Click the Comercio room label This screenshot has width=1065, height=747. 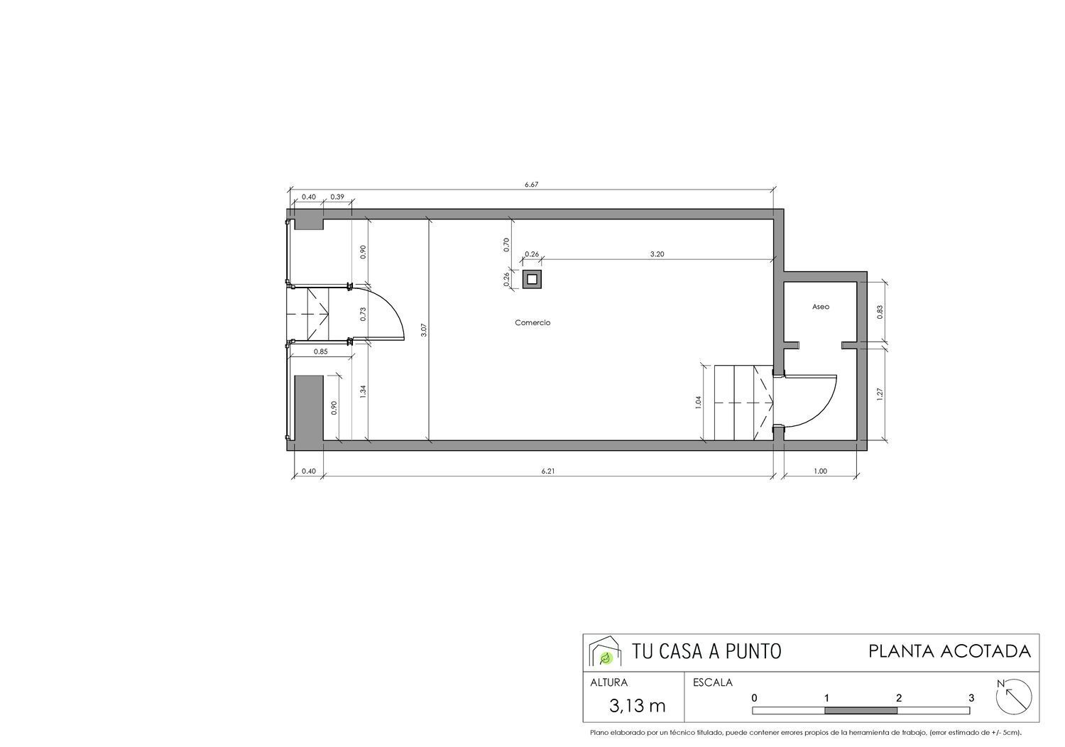tap(532, 323)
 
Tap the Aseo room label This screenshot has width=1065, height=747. tap(821, 307)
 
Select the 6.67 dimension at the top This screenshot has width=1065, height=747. tap(531, 185)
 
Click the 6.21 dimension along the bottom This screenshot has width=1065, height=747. tap(547, 471)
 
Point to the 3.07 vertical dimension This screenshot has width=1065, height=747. tap(424, 330)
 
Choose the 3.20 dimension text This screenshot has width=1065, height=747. tap(657, 254)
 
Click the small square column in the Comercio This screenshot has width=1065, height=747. tap(532, 279)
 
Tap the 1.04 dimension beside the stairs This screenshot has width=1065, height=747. tap(699, 402)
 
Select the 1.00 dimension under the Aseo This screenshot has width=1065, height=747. tap(820, 471)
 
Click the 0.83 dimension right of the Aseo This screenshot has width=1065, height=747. tap(880, 312)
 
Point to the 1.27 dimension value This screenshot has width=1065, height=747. tap(880, 393)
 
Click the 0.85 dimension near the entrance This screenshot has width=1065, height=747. tap(320, 351)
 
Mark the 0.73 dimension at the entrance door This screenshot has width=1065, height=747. tap(363, 314)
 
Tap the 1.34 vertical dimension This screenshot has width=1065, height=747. tap(363, 391)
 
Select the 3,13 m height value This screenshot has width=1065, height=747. tap(638, 706)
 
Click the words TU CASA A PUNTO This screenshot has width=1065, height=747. tap(706, 651)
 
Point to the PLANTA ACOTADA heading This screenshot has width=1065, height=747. tap(949, 651)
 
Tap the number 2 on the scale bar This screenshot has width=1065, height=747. tap(899, 698)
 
